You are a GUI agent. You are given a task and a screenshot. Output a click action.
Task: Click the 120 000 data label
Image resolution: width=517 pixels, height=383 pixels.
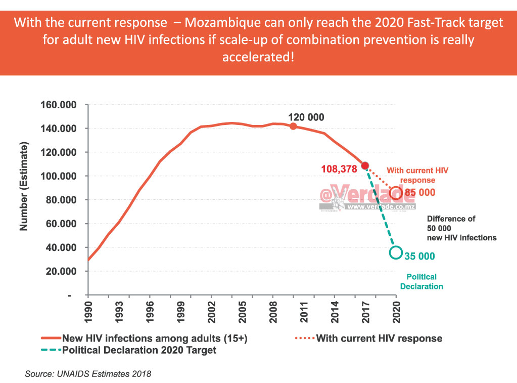[x=306, y=117]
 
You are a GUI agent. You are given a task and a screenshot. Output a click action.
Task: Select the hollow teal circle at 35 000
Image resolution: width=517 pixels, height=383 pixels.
[x=396, y=252]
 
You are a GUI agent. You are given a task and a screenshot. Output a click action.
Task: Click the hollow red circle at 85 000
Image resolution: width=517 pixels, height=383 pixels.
[x=396, y=192]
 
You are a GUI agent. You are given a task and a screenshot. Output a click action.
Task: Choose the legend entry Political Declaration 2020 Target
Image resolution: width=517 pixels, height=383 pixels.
[x=138, y=350]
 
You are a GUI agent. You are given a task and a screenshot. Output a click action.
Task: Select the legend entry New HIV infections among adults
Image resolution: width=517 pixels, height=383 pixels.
[x=154, y=338]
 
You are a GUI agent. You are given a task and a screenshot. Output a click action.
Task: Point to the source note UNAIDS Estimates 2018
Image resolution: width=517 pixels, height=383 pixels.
[x=88, y=374]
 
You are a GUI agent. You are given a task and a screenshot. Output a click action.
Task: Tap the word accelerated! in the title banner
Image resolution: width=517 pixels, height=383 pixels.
[x=258, y=56]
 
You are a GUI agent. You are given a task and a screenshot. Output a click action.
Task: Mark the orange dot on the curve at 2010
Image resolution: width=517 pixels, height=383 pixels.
[x=293, y=126]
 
